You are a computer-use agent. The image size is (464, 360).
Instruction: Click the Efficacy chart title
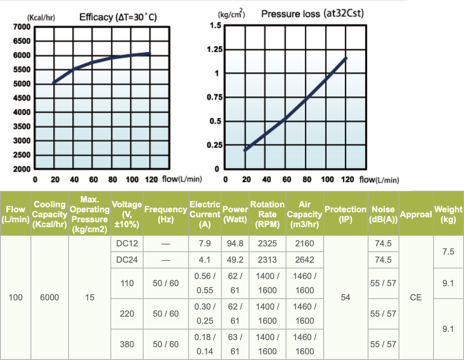coord(118,18)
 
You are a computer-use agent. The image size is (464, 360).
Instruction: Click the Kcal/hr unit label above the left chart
coord(42,18)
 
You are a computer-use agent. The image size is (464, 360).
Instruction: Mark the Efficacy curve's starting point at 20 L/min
coord(53,83)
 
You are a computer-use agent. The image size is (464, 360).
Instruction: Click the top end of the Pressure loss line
coord(346,58)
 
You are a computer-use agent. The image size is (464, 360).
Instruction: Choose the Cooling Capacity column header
coord(50,214)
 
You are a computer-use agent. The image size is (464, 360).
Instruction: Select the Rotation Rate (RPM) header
coord(267,214)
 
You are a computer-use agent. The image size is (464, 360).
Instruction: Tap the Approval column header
coord(416,214)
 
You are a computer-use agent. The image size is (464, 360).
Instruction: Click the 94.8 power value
coord(235,244)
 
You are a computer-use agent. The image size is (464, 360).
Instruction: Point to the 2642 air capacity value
coord(304,259)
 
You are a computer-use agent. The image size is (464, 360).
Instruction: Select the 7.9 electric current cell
coord(204,244)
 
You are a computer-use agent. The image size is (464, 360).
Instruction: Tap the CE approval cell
coord(416,297)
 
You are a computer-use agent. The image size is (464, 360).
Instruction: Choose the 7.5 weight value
coord(448,252)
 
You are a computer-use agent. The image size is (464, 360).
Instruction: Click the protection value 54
coord(345,297)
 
